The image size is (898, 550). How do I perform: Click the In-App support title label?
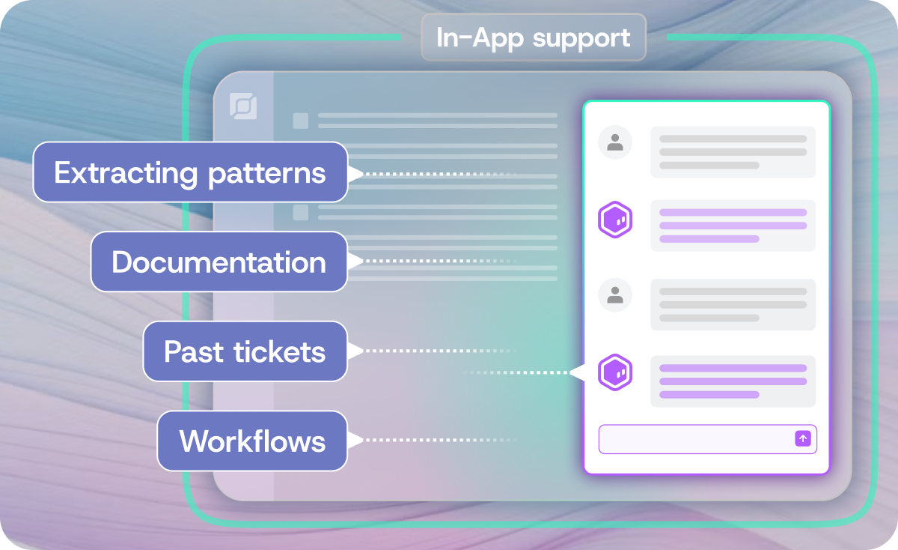pyautogui.click(x=534, y=37)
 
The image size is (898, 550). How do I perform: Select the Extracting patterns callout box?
pyautogui.click(x=190, y=173)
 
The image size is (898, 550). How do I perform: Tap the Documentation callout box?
pyautogui.click(x=219, y=262)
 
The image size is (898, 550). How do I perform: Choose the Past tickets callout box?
pyautogui.click(x=245, y=351)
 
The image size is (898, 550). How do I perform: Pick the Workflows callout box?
pyautogui.click(x=252, y=441)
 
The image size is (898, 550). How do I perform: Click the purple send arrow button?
pyautogui.click(x=802, y=439)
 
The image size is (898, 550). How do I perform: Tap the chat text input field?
pyautogui.click(x=696, y=439)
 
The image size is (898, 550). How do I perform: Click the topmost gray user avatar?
pyautogui.click(x=615, y=142)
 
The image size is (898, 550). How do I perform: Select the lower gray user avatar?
pyautogui.click(x=615, y=295)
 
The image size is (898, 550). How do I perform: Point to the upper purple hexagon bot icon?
pyautogui.click(x=615, y=220)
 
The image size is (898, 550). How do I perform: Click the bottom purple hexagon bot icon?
pyautogui.click(x=615, y=372)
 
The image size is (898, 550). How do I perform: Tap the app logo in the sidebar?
pyautogui.click(x=243, y=106)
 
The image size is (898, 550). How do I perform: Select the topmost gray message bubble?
pyautogui.click(x=733, y=152)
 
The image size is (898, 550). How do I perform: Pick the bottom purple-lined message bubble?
pyautogui.click(x=733, y=381)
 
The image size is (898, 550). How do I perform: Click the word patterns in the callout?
pyautogui.click(x=267, y=173)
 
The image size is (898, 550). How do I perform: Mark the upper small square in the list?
pyautogui.click(x=300, y=121)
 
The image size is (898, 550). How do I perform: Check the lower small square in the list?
pyautogui.click(x=300, y=212)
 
